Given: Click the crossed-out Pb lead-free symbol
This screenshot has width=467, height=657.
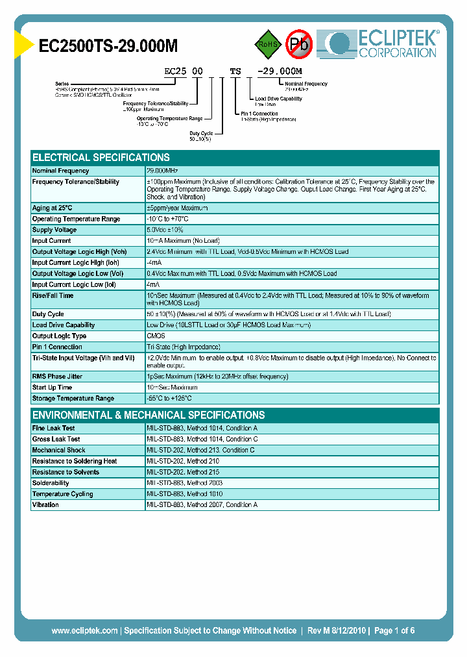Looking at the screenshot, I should tap(300, 44).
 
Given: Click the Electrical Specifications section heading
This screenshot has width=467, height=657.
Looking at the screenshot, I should tap(101, 158).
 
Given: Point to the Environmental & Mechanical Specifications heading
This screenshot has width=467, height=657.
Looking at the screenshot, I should tap(149, 415).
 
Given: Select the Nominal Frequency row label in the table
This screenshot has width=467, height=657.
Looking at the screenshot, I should tap(60, 171).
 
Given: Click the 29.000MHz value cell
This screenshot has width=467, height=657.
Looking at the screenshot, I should tap(163, 171).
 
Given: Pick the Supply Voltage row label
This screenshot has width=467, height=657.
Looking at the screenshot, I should tap(54, 230).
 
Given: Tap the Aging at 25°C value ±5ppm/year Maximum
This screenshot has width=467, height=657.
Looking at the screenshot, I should tap(177, 208).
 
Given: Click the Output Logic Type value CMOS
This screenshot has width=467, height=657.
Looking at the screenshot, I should tap(156, 336).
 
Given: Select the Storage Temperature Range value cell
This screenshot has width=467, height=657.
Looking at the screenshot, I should tap(169, 399).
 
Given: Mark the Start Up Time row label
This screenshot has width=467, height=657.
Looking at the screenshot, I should tap(53, 388).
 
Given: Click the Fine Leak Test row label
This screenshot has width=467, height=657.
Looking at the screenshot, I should tap(54, 428).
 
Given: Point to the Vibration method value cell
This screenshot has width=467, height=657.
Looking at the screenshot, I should tap(202, 505).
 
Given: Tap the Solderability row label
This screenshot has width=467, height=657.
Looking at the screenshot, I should tap(51, 483).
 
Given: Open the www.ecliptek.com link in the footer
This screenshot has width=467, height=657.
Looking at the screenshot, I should tap(84, 630).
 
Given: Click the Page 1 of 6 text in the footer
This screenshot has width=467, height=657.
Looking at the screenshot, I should tap(394, 630).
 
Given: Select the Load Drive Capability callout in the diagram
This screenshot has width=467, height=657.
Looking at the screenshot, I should tap(278, 99).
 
